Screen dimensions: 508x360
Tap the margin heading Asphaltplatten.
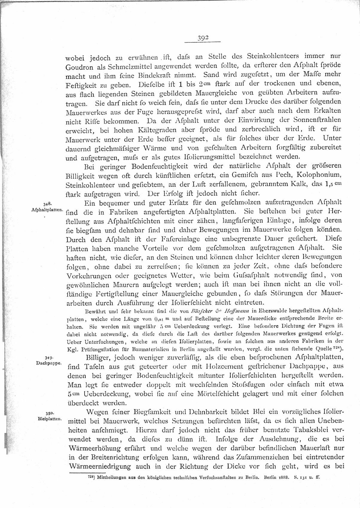pos(47,210)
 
